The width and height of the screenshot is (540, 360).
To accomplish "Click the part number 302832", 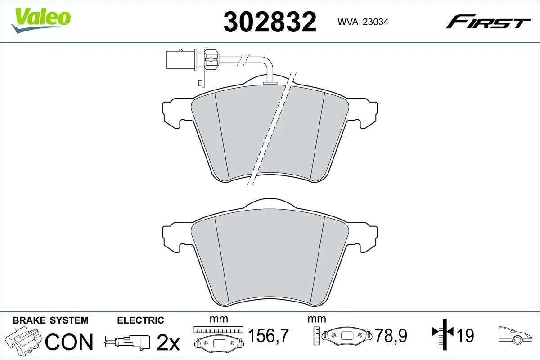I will click(x=270, y=22).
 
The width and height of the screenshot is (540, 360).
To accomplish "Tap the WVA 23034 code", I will click(x=360, y=21).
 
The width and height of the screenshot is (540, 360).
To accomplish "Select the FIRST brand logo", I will click(x=488, y=22).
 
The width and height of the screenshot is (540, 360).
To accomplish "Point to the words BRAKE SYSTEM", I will click(x=50, y=320).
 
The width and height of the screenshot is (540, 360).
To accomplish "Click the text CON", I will click(x=69, y=342).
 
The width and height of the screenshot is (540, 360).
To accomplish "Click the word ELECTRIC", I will click(x=140, y=320).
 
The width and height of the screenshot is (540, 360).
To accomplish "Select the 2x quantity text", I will click(x=167, y=343).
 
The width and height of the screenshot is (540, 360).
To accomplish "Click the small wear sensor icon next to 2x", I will click(x=128, y=341).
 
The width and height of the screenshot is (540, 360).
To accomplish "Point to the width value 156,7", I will click(x=268, y=335).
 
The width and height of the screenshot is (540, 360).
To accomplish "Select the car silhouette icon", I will click(x=517, y=335).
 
